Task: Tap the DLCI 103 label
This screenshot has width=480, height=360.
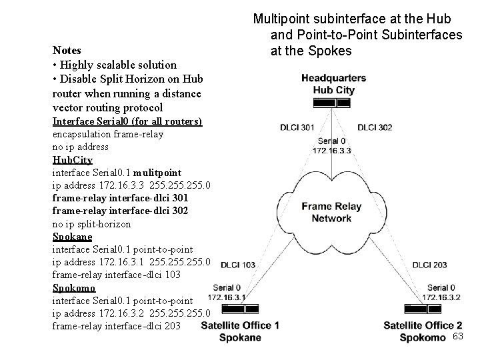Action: (238, 265)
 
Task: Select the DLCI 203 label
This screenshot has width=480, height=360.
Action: (430, 265)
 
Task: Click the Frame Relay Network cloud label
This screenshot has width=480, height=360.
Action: (332, 212)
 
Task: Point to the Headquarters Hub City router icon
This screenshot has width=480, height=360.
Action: (333, 103)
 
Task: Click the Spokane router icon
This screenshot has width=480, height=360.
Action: (240, 309)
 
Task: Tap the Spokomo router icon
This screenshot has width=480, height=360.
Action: (423, 309)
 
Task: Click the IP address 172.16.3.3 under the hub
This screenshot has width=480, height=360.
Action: (331, 150)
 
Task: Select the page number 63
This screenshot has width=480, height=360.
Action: (457, 337)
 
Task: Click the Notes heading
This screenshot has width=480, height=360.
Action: (67, 51)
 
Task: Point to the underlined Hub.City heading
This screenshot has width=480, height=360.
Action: (72, 161)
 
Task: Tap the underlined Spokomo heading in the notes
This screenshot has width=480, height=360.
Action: (73, 288)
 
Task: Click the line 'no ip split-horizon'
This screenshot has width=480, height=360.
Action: (91, 224)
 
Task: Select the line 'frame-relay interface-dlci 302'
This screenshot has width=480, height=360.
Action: (120, 211)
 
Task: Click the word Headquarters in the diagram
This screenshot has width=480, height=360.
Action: (333, 78)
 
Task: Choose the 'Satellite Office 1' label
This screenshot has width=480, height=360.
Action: (240, 325)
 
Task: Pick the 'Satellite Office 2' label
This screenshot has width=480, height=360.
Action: (423, 325)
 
